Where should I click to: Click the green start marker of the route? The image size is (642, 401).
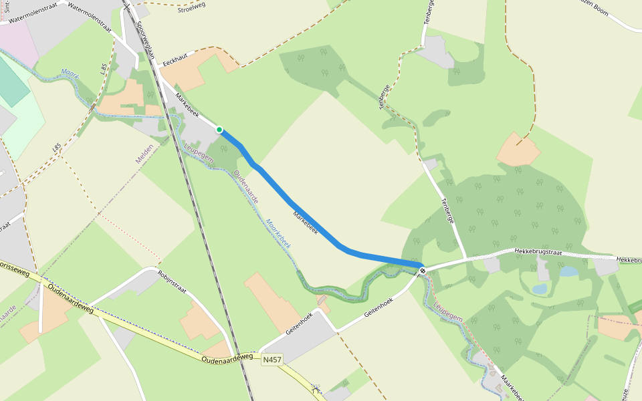[x=219, y=130]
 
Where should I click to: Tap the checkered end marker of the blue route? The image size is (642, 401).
[x=423, y=270]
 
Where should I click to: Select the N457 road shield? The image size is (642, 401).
[x=272, y=360]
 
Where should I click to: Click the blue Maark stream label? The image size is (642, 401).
[x=70, y=73]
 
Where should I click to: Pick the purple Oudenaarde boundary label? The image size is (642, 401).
[x=246, y=187]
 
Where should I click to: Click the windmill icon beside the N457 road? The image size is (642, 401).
[x=316, y=387]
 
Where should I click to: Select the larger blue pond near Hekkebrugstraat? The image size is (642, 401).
[x=568, y=271]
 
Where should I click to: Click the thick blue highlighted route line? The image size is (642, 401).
[x=314, y=223]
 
